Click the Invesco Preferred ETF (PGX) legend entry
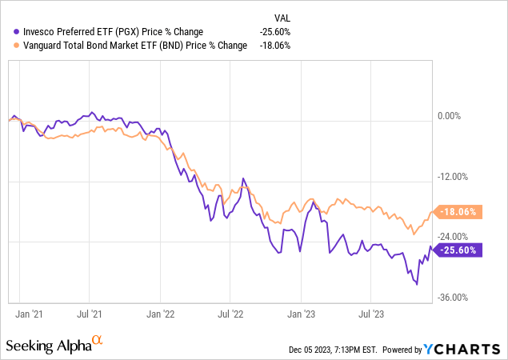(x=114, y=31)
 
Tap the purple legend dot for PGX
(x=8, y=32)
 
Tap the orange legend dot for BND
(x=8, y=46)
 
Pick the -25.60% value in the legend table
(x=274, y=31)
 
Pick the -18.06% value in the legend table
(x=274, y=45)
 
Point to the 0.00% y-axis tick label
(x=450, y=116)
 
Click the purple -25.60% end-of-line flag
(x=459, y=250)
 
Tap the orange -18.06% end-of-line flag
(x=459, y=212)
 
